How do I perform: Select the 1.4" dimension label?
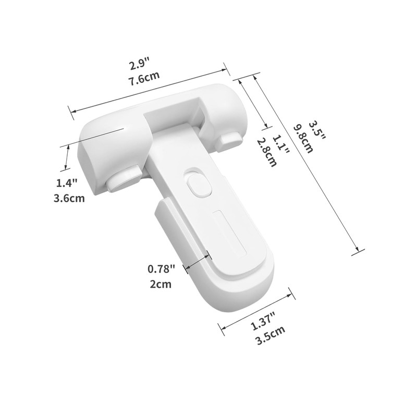(x=67, y=183)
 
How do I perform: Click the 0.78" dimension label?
(x=162, y=268)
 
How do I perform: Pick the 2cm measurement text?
(x=160, y=284)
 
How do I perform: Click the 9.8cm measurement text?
(x=303, y=138)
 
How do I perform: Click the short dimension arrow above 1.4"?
(x=67, y=158)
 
